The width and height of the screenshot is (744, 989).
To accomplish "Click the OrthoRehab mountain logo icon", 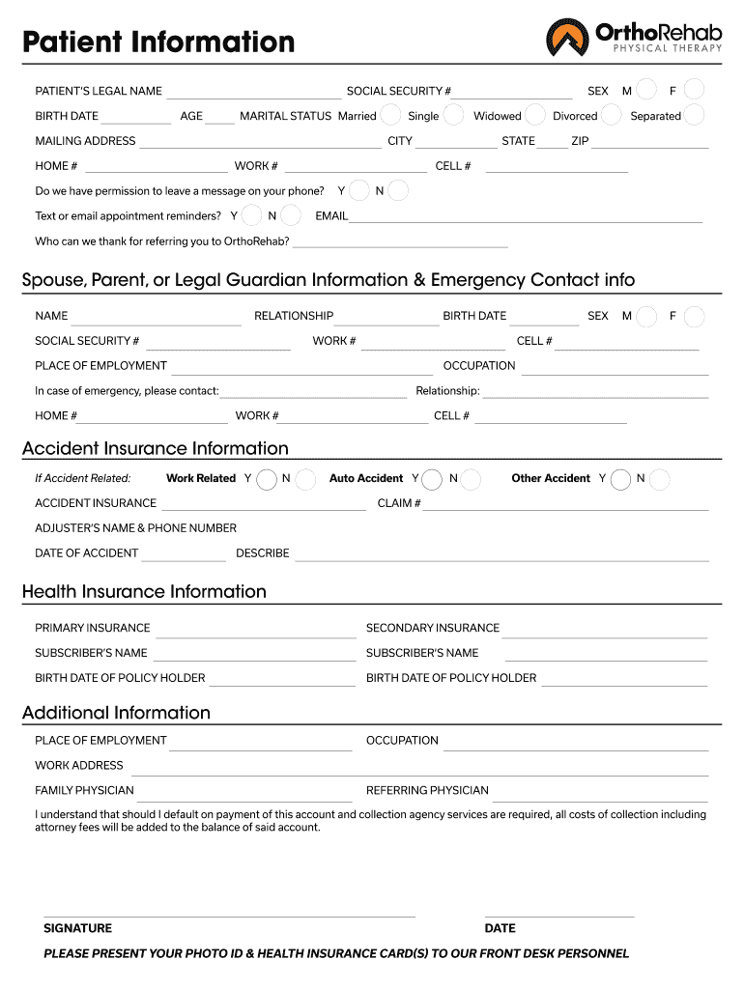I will tap(567, 38).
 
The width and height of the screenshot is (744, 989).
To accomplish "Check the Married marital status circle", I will tap(390, 115).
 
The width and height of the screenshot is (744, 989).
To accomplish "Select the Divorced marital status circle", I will tap(611, 115).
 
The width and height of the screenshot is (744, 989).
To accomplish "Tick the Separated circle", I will tap(694, 115).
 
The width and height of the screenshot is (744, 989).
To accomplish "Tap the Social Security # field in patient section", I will tap(512, 94).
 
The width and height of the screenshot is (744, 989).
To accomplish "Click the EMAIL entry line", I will tap(526, 218).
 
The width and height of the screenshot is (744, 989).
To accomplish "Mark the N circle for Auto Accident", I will tap(472, 478).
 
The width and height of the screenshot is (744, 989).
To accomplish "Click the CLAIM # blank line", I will tap(565, 505).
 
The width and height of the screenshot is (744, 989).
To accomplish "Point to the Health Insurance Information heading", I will tap(144, 591).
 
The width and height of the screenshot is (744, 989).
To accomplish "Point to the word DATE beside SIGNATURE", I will tap(500, 928).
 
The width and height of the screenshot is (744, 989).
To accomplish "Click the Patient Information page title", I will tap(158, 42).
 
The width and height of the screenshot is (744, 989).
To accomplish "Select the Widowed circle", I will tap(535, 115).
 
